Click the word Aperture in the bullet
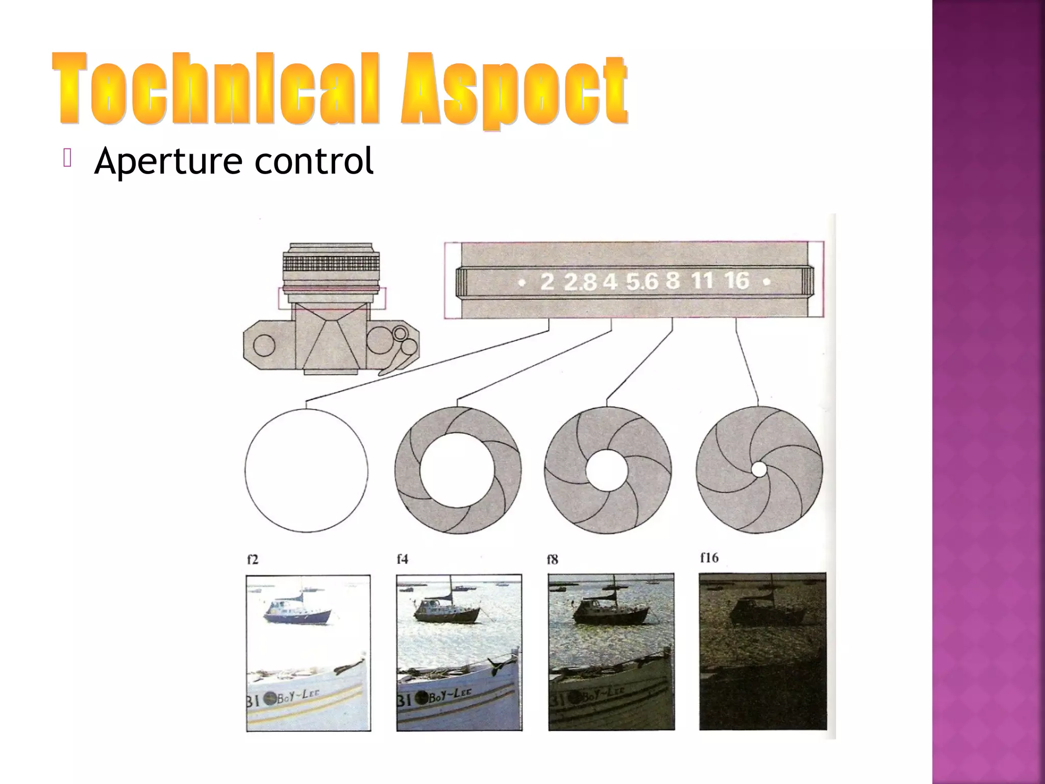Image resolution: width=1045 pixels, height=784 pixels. point(168,161)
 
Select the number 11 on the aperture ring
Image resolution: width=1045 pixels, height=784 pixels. point(702,281)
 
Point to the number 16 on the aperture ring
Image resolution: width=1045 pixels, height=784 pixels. point(737,280)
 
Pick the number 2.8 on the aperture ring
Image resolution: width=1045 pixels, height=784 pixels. point(580,282)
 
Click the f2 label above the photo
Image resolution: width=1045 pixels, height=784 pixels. point(253,559)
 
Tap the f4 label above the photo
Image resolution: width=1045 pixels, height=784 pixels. point(402,559)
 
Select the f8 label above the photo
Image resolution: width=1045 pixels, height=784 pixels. point(552,560)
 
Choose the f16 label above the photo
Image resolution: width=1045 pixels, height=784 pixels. point(709,558)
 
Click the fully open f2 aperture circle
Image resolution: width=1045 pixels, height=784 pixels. point(306,470)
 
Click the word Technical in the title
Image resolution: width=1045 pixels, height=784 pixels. point(216,90)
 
